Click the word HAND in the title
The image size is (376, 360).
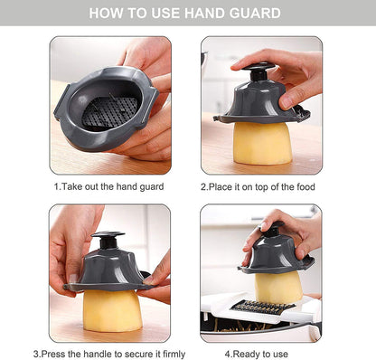[x=204, y=14]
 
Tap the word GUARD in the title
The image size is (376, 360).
[x=255, y=14]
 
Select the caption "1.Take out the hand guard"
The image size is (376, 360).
[x=109, y=186]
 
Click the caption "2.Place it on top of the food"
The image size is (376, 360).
[x=258, y=187]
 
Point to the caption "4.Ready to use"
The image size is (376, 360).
[x=257, y=354]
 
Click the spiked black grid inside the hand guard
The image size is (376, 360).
[x=109, y=111]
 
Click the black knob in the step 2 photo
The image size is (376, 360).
[x=258, y=71]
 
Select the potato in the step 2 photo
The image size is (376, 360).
[x=262, y=143]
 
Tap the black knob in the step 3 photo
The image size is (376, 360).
[x=108, y=240]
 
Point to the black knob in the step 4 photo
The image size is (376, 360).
[x=273, y=229]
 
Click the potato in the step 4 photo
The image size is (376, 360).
[x=278, y=287]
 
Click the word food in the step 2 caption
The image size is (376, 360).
[x=305, y=187]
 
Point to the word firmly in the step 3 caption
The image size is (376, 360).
[x=174, y=354]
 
